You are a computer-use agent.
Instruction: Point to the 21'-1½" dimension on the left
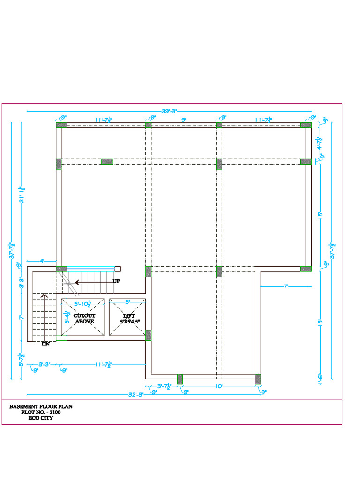click(22, 193)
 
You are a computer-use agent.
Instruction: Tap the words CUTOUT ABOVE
click(84, 319)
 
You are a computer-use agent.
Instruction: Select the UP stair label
click(117, 281)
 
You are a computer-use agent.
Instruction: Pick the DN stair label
click(45, 344)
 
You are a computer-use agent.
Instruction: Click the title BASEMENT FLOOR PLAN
click(41, 407)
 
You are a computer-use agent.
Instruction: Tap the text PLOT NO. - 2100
click(41, 412)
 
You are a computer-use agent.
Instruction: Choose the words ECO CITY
click(41, 418)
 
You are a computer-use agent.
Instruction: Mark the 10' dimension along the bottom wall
click(219, 386)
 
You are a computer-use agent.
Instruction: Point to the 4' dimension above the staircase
click(42, 261)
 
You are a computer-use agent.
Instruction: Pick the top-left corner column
click(62, 125)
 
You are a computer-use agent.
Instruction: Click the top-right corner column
click(306, 125)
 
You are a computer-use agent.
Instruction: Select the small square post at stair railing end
click(118, 269)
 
